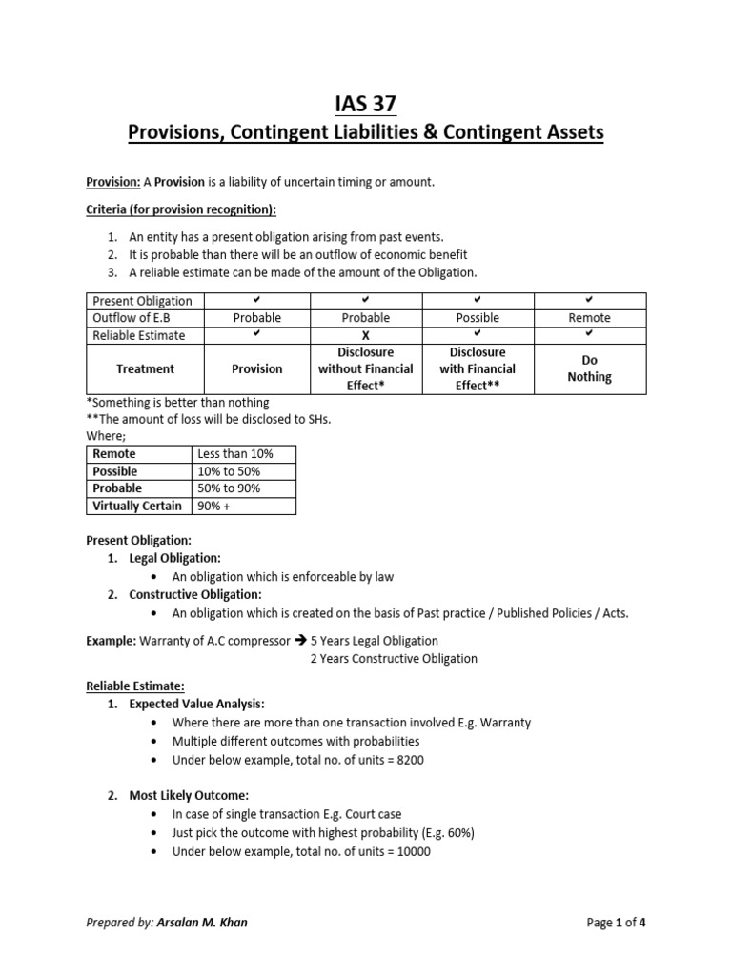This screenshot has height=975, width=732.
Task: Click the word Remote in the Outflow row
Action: (x=589, y=318)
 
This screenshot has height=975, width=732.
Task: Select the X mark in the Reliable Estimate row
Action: (x=366, y=336)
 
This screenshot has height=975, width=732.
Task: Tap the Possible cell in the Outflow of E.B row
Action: (x=478, y=318)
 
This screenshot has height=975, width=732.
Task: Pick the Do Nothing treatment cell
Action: (x=589, y=369)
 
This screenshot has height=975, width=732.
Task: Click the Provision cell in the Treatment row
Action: (x=256, y=369)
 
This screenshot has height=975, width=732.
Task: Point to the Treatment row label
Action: (x=145, y=369)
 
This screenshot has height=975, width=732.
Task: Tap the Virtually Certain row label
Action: (x=137, y=506)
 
